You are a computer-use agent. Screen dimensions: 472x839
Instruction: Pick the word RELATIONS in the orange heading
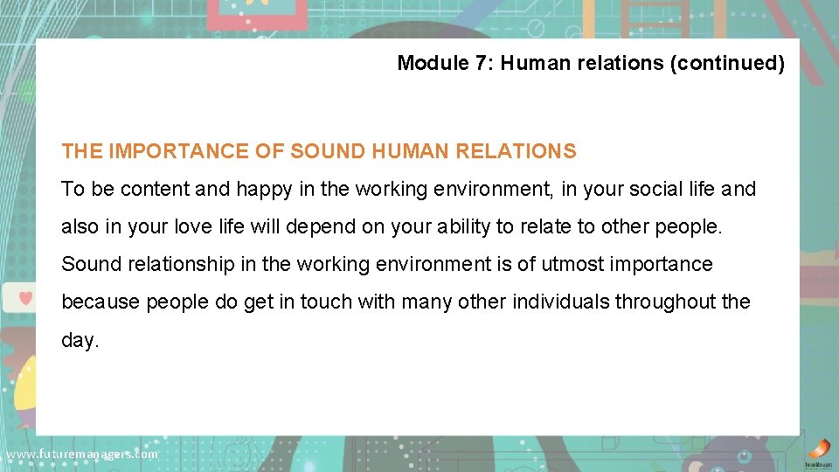click(523, 151)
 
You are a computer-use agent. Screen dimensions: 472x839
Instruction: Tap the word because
click(101, 302)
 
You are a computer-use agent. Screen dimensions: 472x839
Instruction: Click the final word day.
click(80, 340)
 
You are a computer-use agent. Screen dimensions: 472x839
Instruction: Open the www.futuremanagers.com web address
click(81, 455)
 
